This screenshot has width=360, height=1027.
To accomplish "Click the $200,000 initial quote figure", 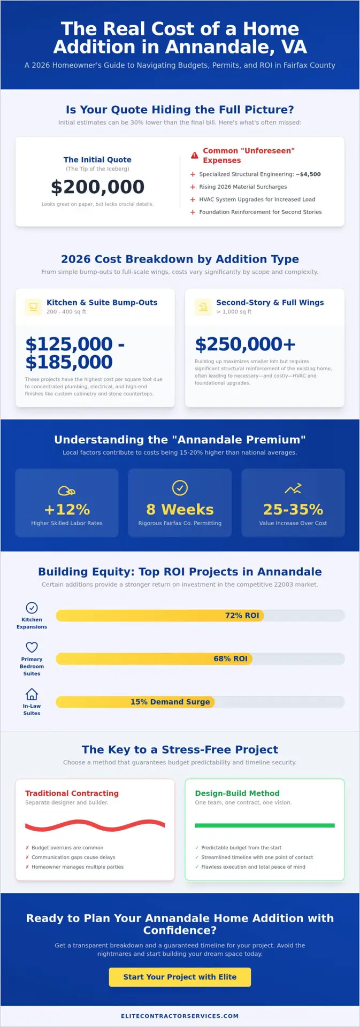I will [97, 187].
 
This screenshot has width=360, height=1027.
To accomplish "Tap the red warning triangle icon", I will [195, 156].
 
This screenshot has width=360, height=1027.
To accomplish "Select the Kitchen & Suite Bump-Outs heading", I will [102, 303].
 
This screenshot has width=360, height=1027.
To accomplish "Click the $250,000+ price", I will [245, 344].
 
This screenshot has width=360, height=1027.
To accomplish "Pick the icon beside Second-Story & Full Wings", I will [203, 307].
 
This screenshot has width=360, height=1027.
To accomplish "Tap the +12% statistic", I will [67, 509].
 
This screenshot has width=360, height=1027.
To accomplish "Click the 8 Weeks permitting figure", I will [180, 509].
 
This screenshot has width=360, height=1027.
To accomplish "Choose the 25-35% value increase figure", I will [293, 509].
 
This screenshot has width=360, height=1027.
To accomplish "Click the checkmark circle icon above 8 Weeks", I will [180, 488].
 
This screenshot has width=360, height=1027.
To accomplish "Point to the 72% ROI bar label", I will [242, 616].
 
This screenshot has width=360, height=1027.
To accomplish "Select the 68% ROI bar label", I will [231, 658].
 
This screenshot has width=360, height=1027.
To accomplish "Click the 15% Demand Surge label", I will [170, 702].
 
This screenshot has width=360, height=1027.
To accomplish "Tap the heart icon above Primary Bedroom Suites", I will [32, 647].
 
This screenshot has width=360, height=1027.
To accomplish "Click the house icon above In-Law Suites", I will [32, 694].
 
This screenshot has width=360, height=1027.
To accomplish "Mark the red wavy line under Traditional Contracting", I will [95, 826].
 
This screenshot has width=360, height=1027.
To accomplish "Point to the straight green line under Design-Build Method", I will [265, 825].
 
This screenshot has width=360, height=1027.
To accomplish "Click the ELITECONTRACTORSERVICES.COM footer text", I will [180, 1016].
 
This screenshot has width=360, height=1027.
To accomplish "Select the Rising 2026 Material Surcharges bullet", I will [243, 187].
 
